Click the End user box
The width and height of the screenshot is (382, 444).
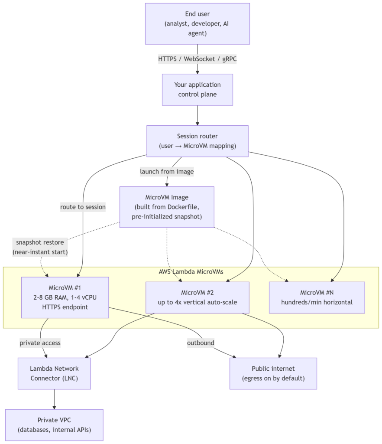click(197, 24)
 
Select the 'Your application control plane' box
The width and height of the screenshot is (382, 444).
click(197, 90)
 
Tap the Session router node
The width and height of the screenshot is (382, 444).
click(197, 141)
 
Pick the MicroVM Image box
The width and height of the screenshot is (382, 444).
click(167, 207)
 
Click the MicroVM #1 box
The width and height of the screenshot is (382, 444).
click(65, 297)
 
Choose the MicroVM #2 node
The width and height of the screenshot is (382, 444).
click(197, 297)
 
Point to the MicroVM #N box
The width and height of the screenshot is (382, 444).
click(317, 297)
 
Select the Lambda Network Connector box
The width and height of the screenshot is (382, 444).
click(54, 373)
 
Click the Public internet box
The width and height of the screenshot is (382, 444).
click(273, 373)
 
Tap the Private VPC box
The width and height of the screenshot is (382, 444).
click(54, 425)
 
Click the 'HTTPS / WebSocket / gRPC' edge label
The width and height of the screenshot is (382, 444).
click(197, 59)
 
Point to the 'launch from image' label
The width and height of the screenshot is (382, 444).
click(167, 172)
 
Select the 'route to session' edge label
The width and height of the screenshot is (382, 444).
click(83, 207)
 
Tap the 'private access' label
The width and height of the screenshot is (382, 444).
click(40, 343)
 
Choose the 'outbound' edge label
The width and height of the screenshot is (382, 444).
click(201, 343)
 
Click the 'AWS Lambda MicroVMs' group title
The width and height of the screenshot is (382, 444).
click(191, 272)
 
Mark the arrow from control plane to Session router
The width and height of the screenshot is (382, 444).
click(197, 115)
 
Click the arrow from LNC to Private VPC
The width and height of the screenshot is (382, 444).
click(54, 399)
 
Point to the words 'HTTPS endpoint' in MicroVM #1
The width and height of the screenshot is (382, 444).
click(65, 307)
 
